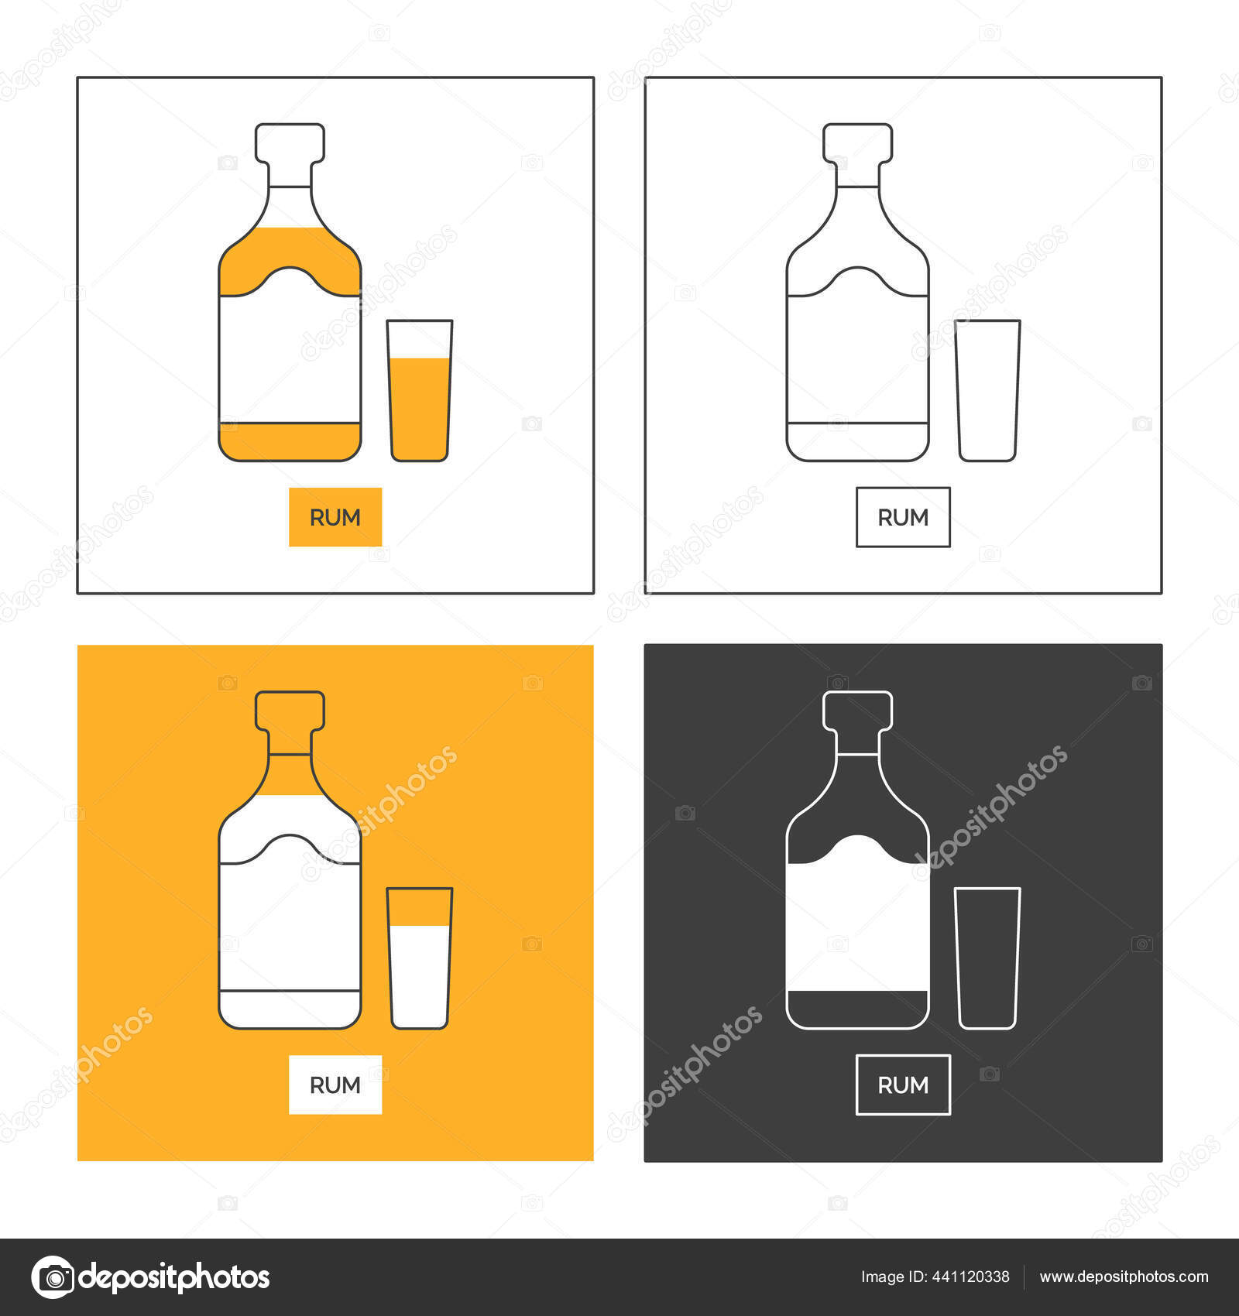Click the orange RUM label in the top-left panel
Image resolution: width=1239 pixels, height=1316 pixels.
click(x=335, y=517)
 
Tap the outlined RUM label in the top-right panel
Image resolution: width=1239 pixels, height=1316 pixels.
click(x=903, y=517)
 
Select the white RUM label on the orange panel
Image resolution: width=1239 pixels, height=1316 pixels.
click(x=335, y=1085)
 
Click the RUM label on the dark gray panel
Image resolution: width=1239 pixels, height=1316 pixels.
click(x=903, y=1085)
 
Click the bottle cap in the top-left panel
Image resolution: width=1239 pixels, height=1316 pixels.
click(x=290, y=143)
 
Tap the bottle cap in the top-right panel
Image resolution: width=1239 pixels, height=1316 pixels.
click(x=857, y=143)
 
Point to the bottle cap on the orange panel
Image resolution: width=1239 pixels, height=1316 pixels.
click(x=290, y=711)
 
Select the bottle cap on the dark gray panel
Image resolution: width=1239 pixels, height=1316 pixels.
click(x=857, y=711)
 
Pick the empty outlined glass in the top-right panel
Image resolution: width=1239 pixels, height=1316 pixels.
click(x=987, y=391)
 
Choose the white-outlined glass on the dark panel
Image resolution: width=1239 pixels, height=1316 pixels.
click(x=987, y=958)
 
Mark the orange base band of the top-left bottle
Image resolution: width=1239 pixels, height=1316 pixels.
click(x=290, y=441)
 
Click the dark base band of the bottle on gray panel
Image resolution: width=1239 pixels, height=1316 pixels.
click(x=857, y=1009)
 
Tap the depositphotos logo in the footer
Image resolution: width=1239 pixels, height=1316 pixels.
click(x=151, y=1277)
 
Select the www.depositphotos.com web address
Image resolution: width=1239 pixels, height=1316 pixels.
click(x=1124, y=1277)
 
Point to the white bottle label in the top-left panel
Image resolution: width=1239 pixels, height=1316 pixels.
click(x=290, y=356)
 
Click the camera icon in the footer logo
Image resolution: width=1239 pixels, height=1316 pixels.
click(x=53, y=1277)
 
